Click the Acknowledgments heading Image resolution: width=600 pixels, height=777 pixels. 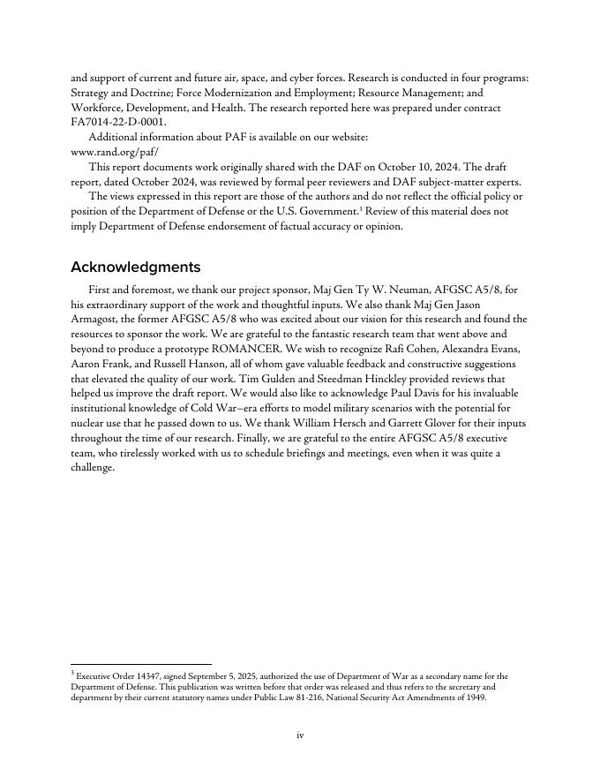135,267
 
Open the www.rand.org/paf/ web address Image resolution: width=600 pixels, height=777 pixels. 115,152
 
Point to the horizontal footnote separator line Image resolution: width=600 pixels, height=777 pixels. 141,664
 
